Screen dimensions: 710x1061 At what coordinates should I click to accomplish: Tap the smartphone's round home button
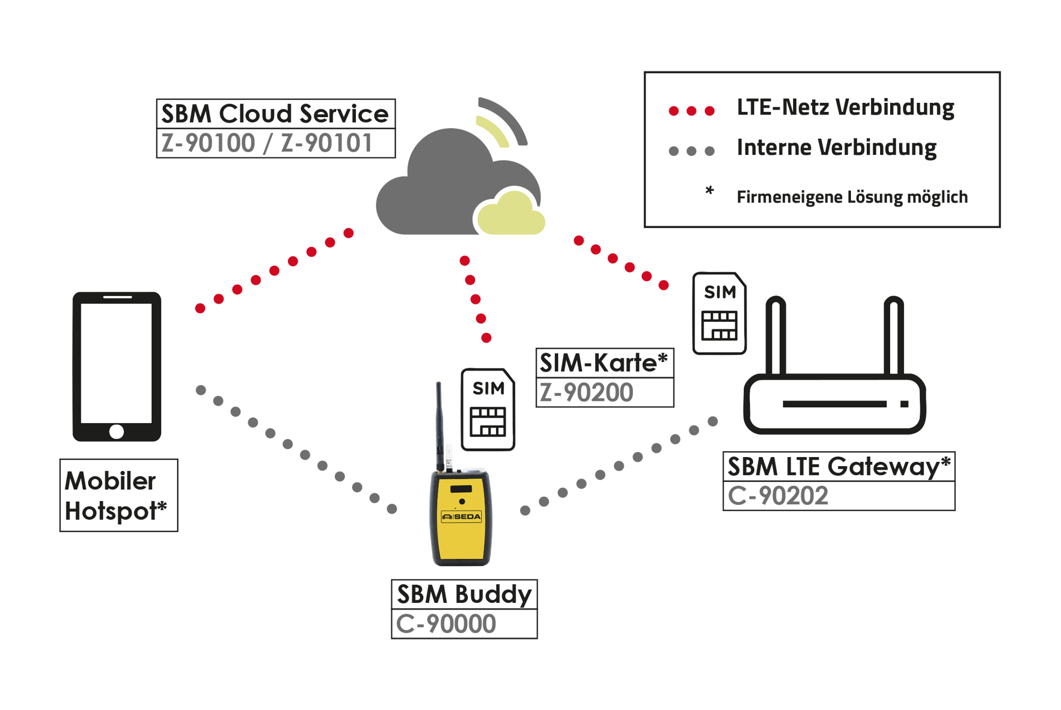(117, 432)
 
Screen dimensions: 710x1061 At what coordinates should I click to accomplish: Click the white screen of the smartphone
(116, 363)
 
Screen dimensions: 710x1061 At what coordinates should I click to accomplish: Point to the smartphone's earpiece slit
(117, 297)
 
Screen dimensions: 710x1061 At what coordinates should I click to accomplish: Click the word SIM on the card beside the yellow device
(488, 389)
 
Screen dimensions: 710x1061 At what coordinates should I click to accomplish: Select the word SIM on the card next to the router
(720, 292)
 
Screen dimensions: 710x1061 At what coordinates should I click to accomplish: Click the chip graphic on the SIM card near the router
(719, 325)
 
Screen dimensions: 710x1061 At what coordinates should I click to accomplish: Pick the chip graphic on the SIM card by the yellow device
(488, 422)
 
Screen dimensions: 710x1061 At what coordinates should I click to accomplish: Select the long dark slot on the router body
(834, 404)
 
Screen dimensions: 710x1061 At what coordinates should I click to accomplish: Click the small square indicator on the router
(905, 404)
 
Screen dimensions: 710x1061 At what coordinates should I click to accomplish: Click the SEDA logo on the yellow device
(462, 516)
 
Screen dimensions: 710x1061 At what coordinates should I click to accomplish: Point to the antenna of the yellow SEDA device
(440, 424)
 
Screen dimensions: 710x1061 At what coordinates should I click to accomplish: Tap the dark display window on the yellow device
(461, 488)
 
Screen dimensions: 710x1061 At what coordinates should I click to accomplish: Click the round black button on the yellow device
(462, 501)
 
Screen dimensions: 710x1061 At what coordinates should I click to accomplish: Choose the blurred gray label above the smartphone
(270, 143)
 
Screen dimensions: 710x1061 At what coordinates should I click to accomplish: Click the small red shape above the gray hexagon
(692, 110)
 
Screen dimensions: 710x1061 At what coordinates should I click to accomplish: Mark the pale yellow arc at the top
(491, 130)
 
